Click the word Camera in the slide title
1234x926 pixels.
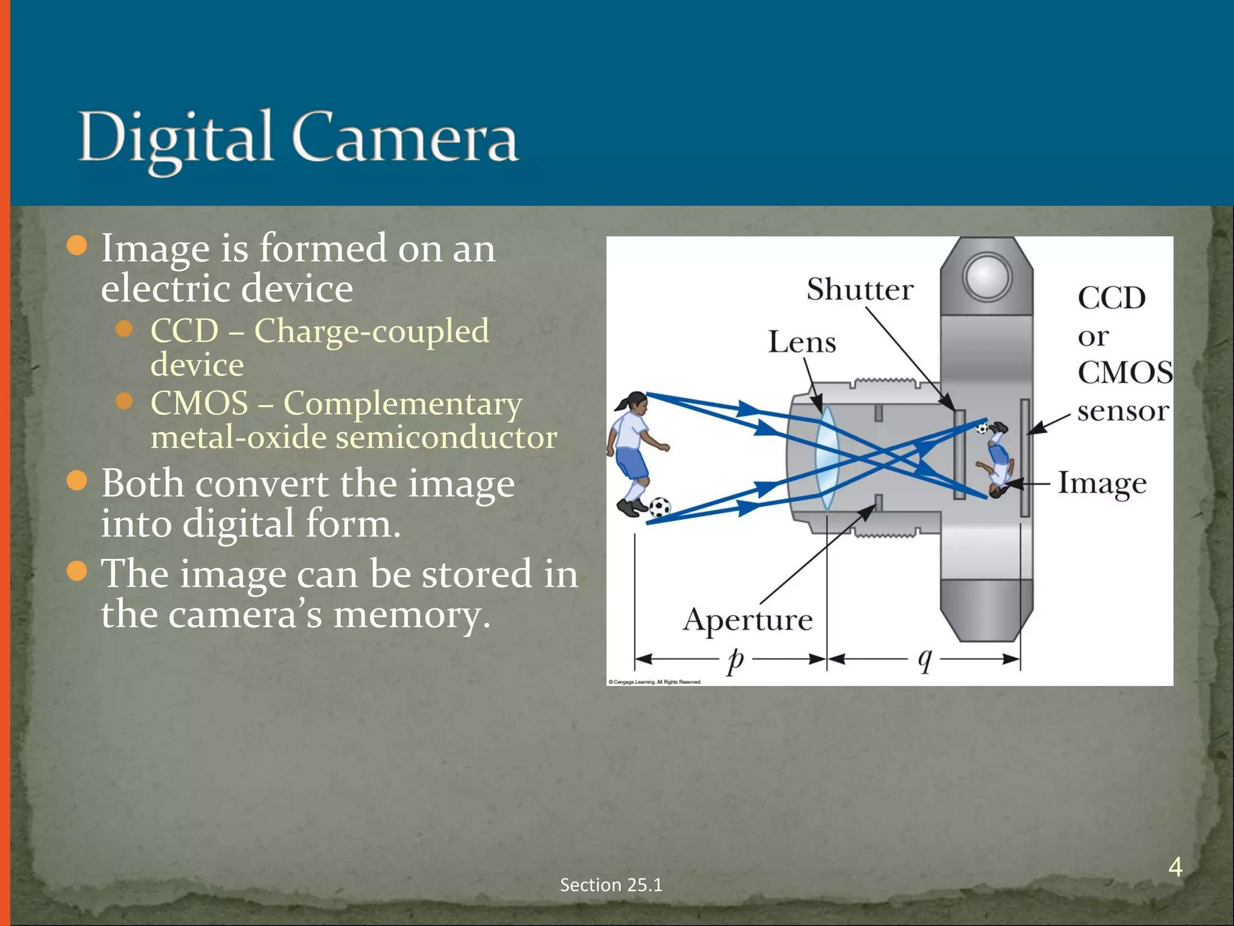[405, 137]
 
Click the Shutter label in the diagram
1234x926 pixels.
[860, 289]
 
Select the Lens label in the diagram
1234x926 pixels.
[802, 342]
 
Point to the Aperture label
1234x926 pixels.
[748, 620]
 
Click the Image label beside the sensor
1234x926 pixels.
[1102, 483]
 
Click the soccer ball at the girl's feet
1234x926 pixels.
[660, 507]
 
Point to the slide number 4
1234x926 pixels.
[1175, 867]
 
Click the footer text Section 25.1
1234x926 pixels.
[611, 885]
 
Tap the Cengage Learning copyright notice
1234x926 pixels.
[655, 682]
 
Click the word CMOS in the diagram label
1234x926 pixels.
[1124, 373]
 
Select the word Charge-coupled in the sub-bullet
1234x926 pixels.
[371, 332]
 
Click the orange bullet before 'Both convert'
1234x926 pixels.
[77, 481]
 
